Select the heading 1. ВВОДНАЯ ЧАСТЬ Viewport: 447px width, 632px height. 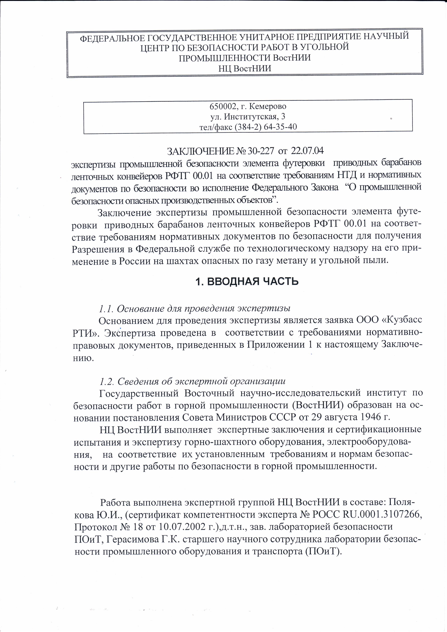tap(247, 282)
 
